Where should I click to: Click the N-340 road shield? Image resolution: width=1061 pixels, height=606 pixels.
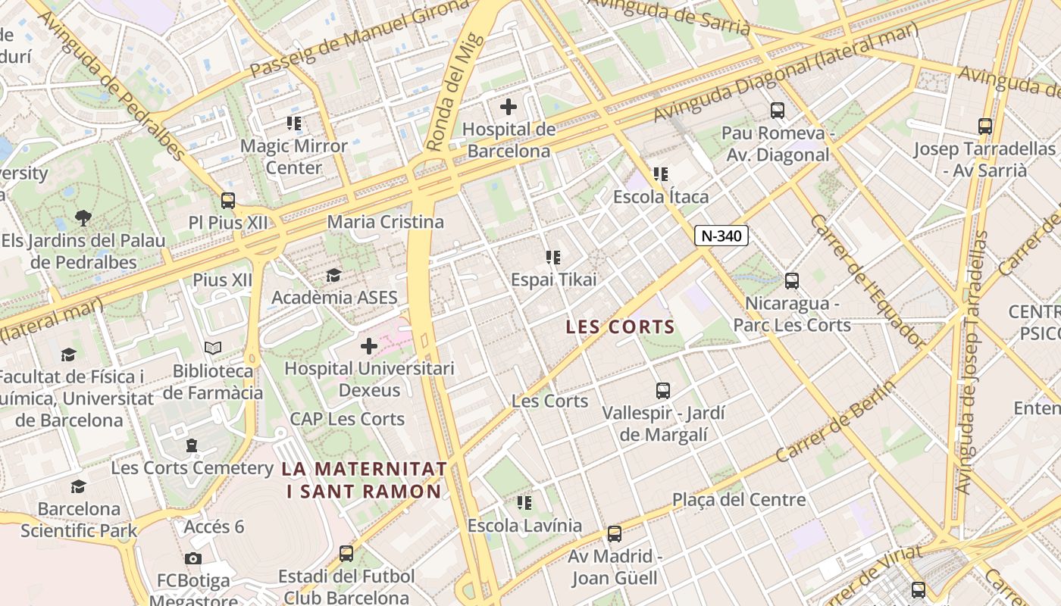click(721, 236)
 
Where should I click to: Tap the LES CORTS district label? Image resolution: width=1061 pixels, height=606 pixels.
click(621, 326)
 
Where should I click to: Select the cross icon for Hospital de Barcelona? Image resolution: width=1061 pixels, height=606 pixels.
click(509, 107)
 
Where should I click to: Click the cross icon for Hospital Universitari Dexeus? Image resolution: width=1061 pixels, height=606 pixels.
click(369, 346)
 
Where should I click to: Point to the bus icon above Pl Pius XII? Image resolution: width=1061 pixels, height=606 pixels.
click(228, 201)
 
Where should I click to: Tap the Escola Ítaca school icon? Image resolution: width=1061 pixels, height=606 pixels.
click(661, 174)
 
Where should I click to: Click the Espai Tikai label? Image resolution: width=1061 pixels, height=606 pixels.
click(554, 280)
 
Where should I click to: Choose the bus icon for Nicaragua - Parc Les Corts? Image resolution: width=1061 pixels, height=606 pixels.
click(792, 281)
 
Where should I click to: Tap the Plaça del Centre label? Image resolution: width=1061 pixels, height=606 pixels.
click(739, 500)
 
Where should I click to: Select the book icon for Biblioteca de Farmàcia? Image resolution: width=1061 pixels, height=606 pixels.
click(213, 348)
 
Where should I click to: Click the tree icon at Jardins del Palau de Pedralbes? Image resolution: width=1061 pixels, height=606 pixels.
click(83, 218)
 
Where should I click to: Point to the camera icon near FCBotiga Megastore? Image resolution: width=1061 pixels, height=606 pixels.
click(193, 559)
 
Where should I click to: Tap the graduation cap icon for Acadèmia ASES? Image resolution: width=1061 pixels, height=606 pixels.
click(333, 275)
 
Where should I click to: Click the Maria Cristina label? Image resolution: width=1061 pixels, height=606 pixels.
click(385, 222)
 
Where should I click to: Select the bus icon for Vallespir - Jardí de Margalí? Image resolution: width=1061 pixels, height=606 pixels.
click(663, 391)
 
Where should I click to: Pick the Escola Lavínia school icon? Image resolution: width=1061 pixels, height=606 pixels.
click(524, 502)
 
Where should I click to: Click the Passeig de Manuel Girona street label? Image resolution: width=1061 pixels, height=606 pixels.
click(360, 37)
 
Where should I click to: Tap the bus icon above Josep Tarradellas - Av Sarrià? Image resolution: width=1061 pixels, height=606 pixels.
click(985, 127)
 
